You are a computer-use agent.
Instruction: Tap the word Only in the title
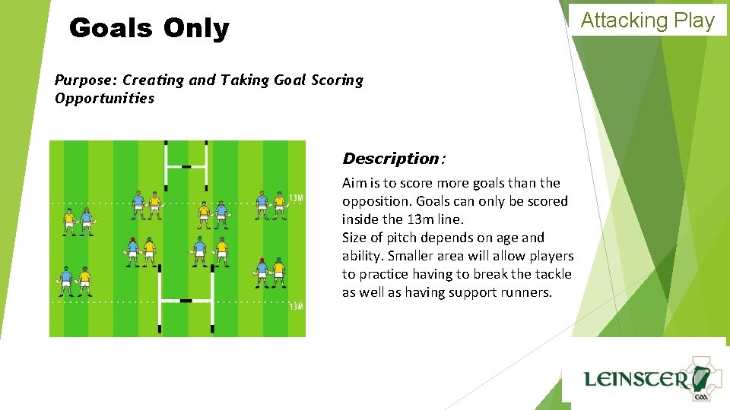click(x=195, y=29)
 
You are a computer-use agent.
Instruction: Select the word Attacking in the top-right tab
click(x=624, y=20)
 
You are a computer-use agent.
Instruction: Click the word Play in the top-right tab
click(x=693, y=20)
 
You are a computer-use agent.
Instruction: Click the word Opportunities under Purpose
click(x=104, y=98)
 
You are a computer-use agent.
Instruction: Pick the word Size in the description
click(x=354, y=238)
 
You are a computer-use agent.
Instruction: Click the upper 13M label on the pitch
click(x=296, y=199)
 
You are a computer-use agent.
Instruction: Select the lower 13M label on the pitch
click(x=296, y=307)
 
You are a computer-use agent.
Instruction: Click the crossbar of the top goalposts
click(x=186, y=166)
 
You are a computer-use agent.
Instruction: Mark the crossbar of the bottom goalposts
click(x=186, y=301)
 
